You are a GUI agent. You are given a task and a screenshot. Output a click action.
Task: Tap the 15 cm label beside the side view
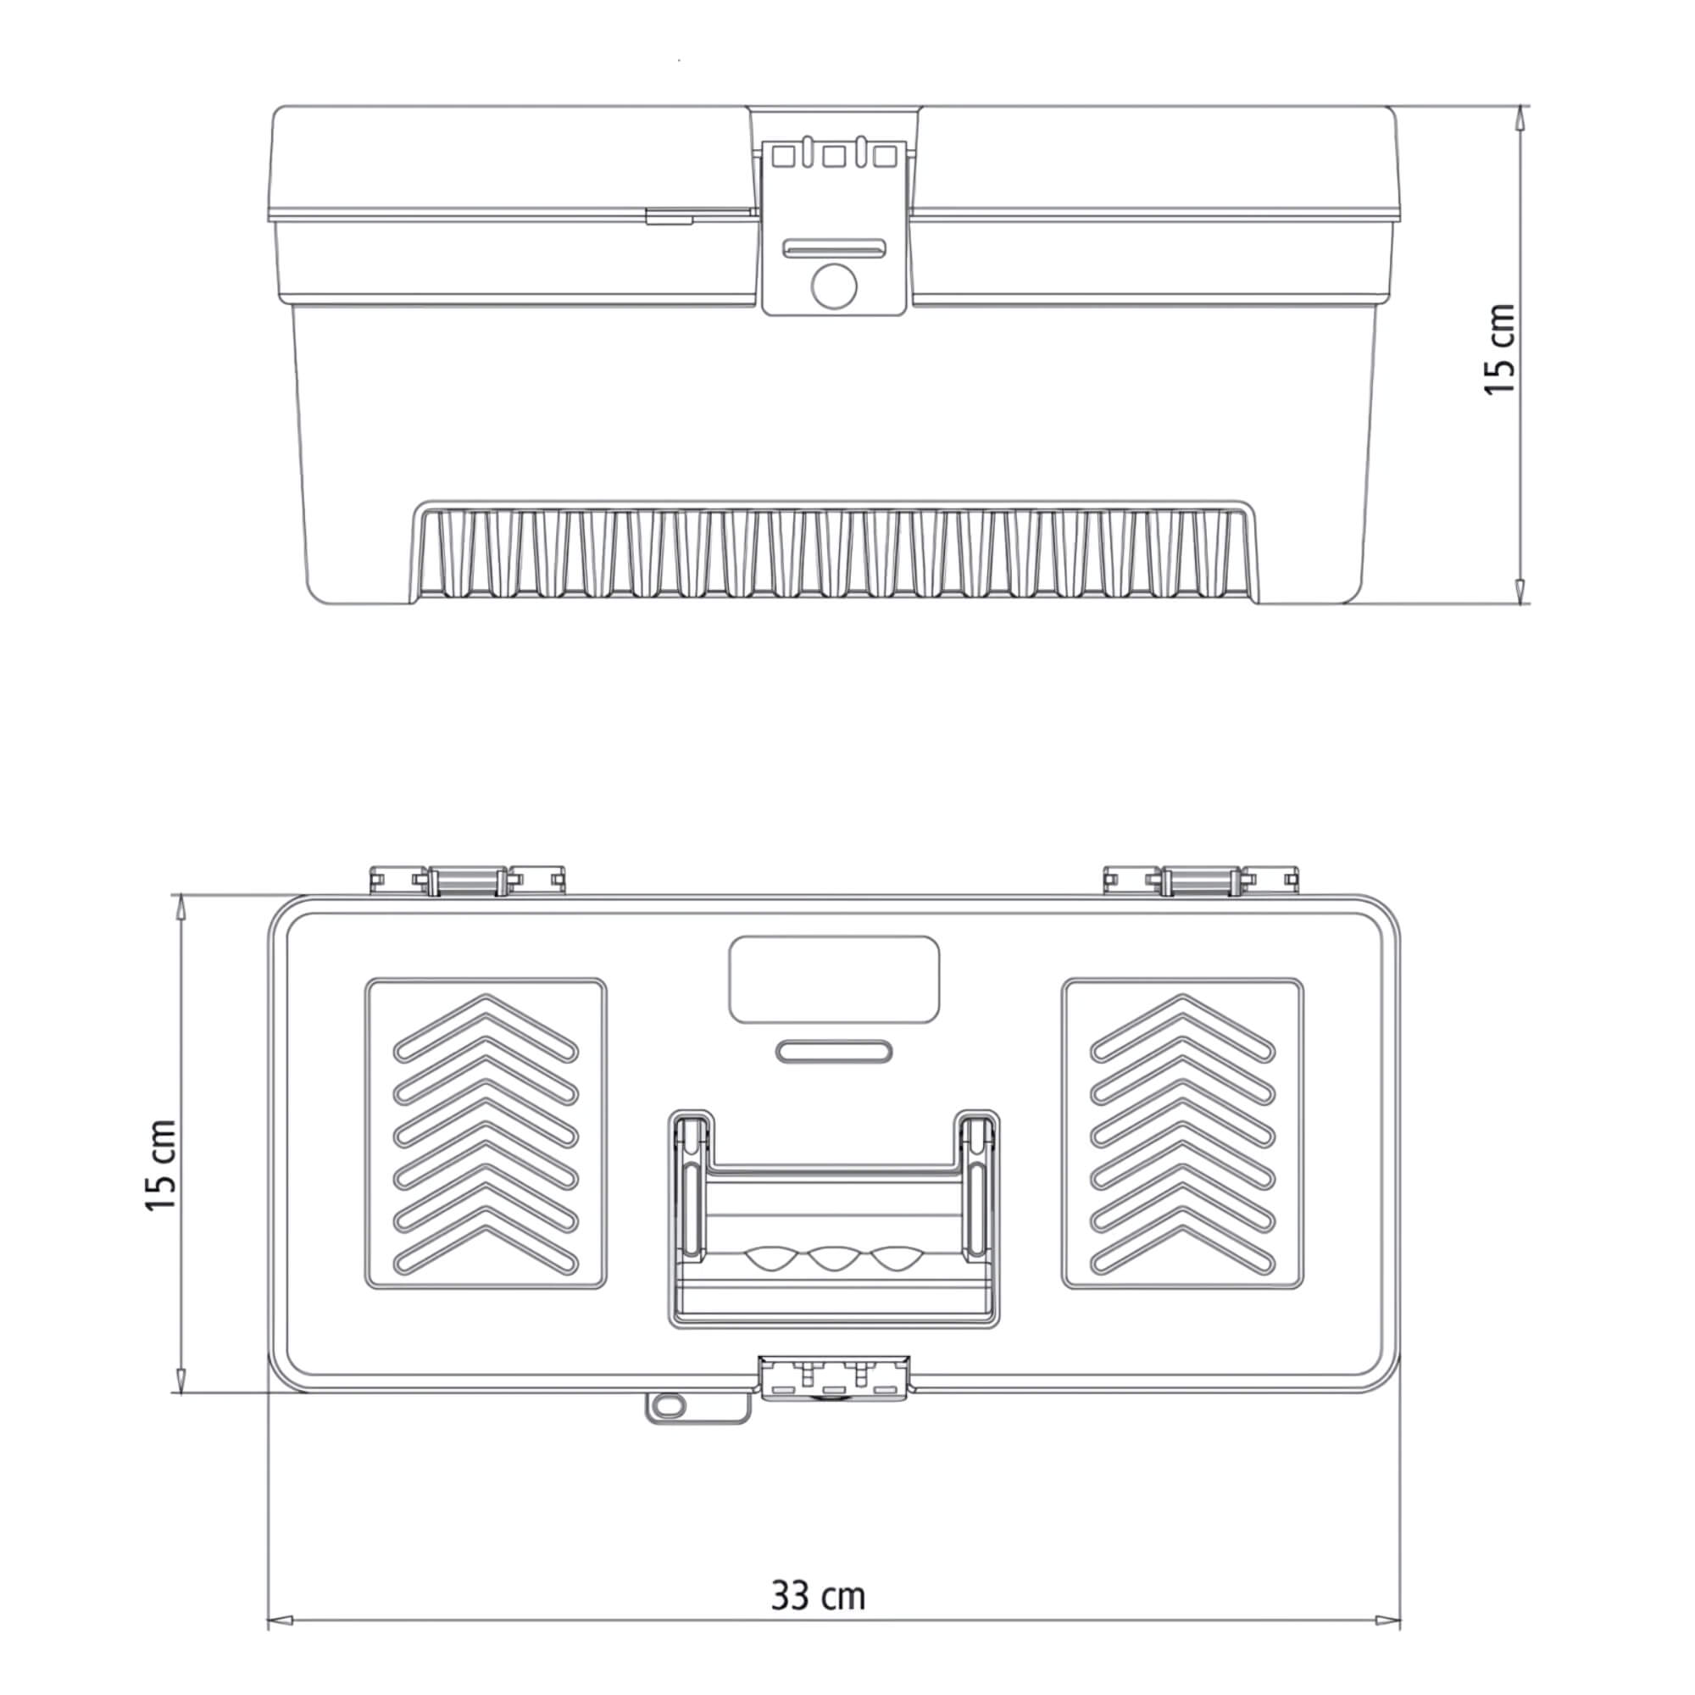(1500, 350)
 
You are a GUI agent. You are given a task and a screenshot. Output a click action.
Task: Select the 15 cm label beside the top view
(161, 1166)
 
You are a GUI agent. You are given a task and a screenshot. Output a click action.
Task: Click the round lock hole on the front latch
(833, 286)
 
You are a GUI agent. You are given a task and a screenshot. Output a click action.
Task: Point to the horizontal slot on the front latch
(833, 248)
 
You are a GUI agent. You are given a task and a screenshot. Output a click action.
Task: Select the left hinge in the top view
(467, 880)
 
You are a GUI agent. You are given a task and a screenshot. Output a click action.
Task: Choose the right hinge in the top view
(1201, 880)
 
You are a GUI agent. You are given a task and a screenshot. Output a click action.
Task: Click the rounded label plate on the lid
(834, 979)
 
